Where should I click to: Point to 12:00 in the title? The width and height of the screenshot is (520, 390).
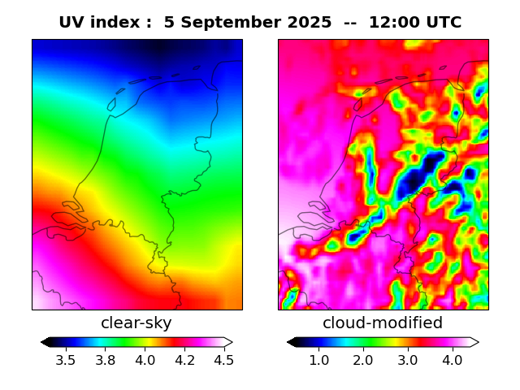395,23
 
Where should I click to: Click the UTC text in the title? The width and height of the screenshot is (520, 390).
444,23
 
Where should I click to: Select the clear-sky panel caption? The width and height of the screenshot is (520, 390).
136,323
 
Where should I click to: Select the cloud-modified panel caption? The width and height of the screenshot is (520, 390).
383,323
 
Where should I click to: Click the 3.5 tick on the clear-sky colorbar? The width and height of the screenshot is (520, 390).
66,359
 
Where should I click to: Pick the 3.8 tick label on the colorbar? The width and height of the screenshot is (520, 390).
105,359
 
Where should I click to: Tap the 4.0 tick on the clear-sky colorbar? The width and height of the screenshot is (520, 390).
145,359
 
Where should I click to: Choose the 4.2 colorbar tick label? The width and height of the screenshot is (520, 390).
184,359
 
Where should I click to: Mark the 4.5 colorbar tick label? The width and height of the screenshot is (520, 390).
223,359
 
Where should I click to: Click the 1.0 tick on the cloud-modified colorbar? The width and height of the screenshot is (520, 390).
318,359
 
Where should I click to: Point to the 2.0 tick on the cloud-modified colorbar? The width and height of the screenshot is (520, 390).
363,359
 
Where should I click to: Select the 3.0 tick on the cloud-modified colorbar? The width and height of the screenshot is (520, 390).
408,359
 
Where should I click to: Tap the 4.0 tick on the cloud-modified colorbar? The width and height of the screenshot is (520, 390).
452,359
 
